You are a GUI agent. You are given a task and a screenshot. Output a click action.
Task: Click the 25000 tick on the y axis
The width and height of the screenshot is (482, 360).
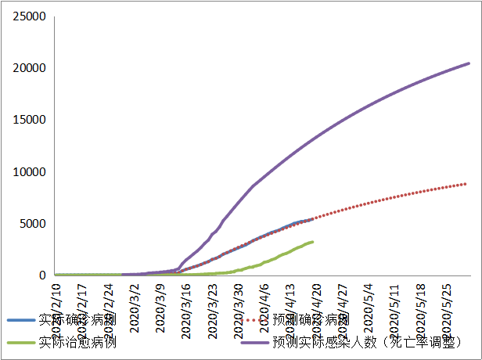[31, 16]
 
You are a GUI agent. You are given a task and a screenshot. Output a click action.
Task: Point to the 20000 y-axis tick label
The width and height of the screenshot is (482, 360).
[31, 68]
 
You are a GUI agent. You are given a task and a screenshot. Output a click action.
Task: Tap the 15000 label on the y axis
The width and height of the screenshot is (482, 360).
[31, 120]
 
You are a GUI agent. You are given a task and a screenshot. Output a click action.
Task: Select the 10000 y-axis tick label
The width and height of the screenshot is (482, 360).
[31, 171]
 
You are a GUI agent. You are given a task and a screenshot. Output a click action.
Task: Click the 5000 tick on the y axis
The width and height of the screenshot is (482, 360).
[34, 224]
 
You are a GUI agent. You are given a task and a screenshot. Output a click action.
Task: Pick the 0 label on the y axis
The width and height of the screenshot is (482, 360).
[44, 275]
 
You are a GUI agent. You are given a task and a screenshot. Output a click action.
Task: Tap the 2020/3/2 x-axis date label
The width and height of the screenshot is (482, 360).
[135, 301]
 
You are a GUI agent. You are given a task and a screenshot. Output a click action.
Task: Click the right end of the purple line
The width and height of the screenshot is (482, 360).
[469, 63]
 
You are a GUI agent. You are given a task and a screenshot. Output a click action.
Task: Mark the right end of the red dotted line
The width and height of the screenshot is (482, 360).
[466, 184]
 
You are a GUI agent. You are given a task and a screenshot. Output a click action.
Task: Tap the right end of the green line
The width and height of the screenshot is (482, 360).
[313, 242]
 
